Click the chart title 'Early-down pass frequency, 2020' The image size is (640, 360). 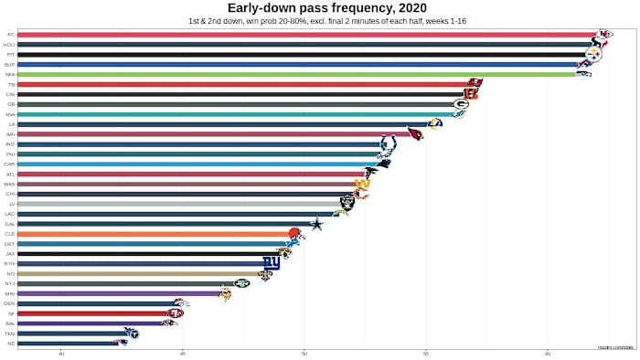click(x=320, y=8)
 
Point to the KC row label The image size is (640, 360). click(x=10, y=35)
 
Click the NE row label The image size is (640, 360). click(x=10, y=343)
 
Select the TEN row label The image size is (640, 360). click(x=10, y=333)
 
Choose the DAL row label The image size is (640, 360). click(x=10, y=224)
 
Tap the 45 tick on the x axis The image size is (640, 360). click(x=183, y=353)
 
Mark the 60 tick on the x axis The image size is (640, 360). click(x=548, y=353)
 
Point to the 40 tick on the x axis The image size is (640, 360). click(x=61, y=353)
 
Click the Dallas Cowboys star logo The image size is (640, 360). click(x=316, y=224)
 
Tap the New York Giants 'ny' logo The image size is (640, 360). click(x=271, y=263)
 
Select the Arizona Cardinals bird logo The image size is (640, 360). click(x=414, y=134)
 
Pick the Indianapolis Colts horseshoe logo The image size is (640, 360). click(x=389, y=144)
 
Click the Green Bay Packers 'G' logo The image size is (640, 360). click(x=461, y=104)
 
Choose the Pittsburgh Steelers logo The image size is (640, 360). click(x=593, y=55)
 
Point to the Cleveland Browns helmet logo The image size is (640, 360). click(x=294, y=234)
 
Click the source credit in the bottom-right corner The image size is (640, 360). click(x=616, y=346)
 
